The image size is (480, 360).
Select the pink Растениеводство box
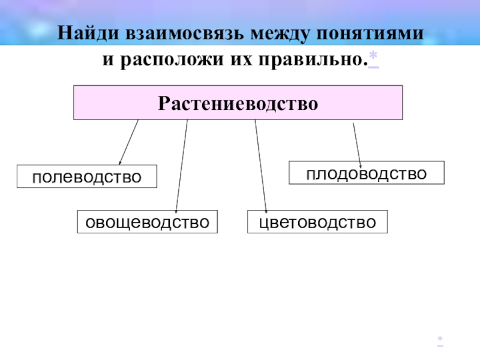[238, 103]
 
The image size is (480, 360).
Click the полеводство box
[87, 176]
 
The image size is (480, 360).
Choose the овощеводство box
[147, 222]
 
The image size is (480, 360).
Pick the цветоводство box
[318, 222]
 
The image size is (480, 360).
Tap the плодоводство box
[367, 173]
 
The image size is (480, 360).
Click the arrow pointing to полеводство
[128, 142]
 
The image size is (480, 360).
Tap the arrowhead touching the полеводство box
[120, 162]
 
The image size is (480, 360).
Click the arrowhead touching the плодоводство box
[361, 165]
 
